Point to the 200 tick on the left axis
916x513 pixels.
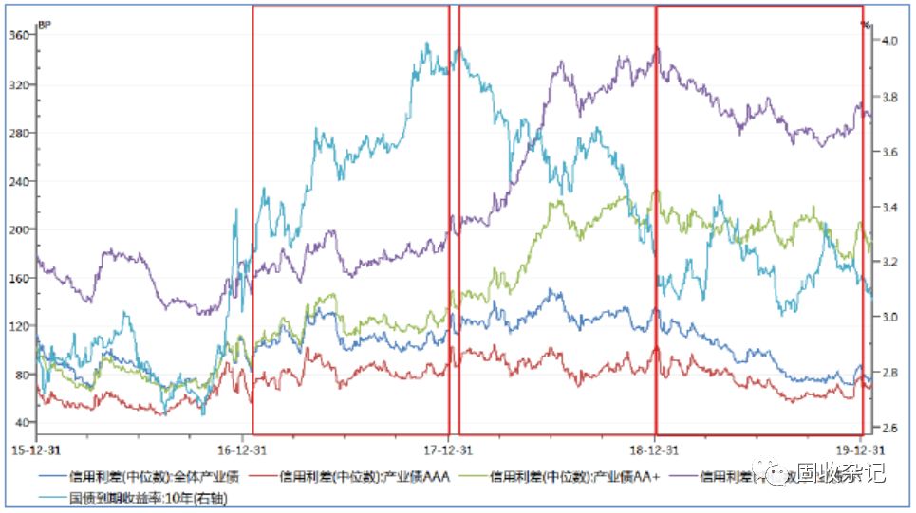click(22, 229)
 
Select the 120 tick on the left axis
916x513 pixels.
click(22, 326)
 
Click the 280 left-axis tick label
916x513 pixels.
click(22, 133)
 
